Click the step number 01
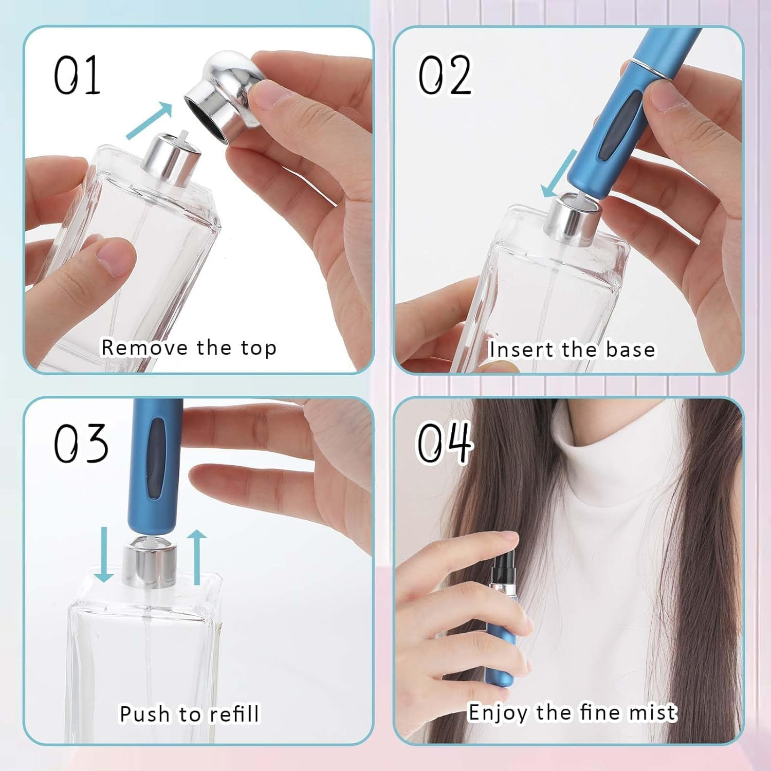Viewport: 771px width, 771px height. click(x=77, y=76)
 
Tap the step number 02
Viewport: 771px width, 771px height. click(x=444, y=76)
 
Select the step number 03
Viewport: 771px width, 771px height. click(x=81, y=443)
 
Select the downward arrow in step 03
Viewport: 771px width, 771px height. click(x=104, y=555)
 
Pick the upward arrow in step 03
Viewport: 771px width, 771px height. click(x=197, y=557)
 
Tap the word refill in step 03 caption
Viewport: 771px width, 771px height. click(x=234, y=714)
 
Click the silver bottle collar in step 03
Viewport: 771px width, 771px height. click(x=150, y=565)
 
